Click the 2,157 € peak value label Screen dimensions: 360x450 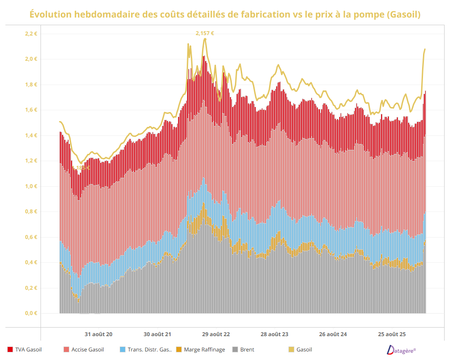205,33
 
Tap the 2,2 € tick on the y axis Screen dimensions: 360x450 31,34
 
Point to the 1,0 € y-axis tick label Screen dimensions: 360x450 31,186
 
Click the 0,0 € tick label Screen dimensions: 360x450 31,313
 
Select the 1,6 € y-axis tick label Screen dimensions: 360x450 31,110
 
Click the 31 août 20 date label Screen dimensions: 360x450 99,334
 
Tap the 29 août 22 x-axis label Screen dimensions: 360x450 216,334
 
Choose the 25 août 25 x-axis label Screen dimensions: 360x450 391,334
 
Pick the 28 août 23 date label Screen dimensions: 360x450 274,334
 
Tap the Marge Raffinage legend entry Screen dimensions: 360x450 202,349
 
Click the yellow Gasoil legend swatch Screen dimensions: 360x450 291,349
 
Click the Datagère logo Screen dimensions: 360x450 401,350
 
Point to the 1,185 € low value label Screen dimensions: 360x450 82,168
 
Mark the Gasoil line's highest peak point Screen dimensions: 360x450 205,39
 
